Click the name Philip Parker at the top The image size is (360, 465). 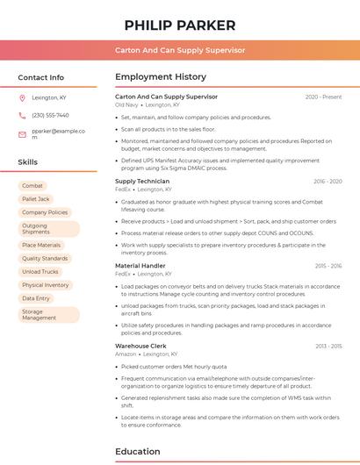[179, 25]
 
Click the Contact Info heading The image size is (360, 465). [40, 77]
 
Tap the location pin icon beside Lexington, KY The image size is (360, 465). [22, 97]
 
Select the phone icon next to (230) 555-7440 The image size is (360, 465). [22, 115]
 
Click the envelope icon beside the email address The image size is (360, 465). [22, 134]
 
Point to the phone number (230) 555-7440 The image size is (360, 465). [50, 115]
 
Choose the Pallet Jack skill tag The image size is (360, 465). [36, 199]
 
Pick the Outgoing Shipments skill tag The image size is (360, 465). [36, 229]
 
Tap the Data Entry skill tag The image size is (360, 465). [36, 298]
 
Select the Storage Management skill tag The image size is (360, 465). [39, 315]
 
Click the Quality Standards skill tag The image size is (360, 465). [45, 259]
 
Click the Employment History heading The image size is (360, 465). [161, 77]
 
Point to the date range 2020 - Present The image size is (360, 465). [323, 97]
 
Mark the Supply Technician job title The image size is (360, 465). [141, 182]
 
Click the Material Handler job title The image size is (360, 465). [140, 265]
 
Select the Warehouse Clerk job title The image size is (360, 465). [140, 347]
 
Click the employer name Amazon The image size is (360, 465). [126, 354]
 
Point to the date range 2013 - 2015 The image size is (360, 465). [328, 347]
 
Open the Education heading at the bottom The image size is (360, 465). [138, 452]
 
